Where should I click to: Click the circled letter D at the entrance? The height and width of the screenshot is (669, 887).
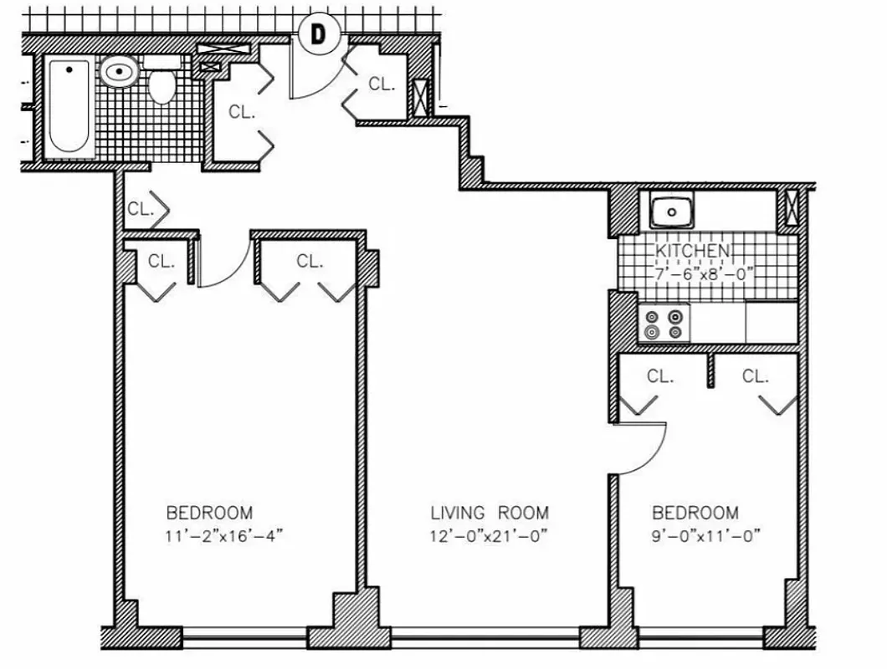pos(318,34)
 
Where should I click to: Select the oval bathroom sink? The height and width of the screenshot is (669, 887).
pos(120,73)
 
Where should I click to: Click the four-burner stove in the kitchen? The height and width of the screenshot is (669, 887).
pos(664,324)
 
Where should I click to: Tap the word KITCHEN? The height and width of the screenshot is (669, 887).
pos(691,251)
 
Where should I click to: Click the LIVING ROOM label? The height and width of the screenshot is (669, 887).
pos(490,513)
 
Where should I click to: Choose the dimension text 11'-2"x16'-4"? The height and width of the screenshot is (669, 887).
pos(225,536)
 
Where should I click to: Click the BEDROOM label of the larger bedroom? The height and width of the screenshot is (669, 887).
pos(209,513)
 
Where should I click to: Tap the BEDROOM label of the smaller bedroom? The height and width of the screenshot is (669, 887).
pos(695,513)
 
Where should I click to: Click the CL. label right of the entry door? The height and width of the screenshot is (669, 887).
pos(382,84)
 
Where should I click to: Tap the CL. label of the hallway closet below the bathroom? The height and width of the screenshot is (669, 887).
pos(141,209)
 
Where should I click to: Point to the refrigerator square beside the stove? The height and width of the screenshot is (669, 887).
pos(771,323)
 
